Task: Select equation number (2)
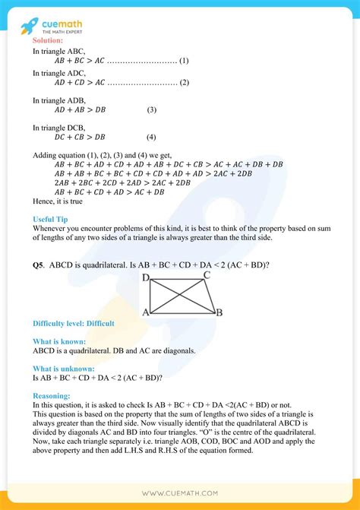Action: click(185, 83)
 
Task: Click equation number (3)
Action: click(152, 110)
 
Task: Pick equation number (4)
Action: click(152, 138)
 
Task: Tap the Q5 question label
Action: click(39, 265)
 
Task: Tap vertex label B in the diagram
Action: click(219, 312)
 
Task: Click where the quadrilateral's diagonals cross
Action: click(178, 296)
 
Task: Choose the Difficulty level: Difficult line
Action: click(74, 324)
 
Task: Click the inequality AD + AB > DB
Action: click(80, 110)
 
